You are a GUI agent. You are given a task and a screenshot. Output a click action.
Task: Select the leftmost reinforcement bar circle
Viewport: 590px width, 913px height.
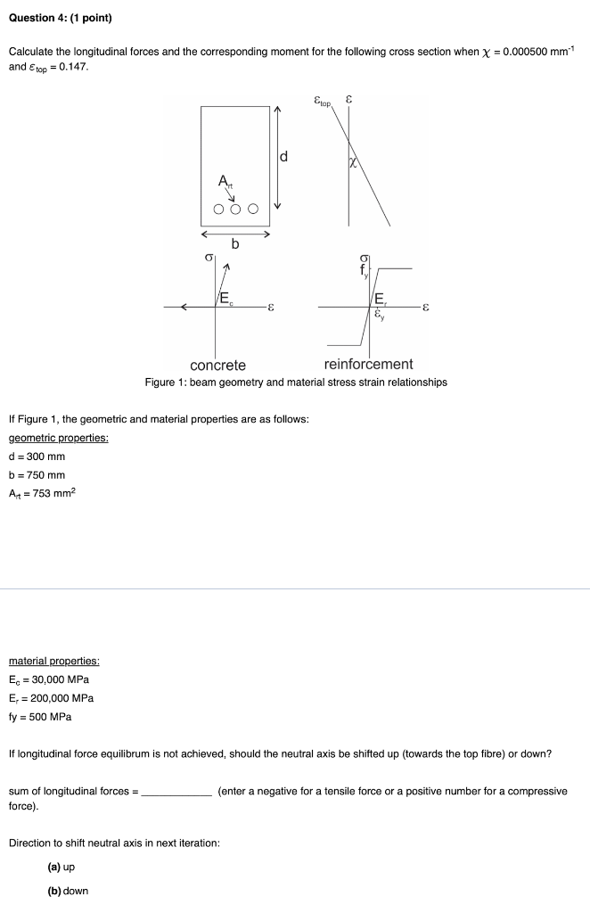tap(219, 210)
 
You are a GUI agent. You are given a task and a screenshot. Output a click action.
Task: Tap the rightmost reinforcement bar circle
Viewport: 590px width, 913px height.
tap(253, 210)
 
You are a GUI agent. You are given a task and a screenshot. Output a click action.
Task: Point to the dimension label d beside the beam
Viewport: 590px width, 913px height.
tap(284, 158)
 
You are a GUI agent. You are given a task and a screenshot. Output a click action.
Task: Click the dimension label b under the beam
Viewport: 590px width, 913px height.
tap(235, 244)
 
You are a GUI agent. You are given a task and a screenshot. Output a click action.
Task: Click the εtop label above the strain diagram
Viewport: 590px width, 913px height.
tap(322, 104)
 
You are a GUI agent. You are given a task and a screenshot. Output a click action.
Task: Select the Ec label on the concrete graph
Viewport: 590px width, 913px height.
tap(227, 298)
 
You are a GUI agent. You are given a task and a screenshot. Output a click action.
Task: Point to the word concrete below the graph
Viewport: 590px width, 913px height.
tap(217, 365)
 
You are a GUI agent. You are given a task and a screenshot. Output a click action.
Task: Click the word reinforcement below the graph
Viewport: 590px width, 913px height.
tap(368, 364)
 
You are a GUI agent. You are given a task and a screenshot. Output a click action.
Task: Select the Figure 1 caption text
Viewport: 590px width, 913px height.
tap(296, 382)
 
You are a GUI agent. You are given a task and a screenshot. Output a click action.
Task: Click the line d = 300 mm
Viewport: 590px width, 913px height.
tap(37, 456)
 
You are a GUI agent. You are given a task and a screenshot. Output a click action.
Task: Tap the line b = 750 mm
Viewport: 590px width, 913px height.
tap(37, 475)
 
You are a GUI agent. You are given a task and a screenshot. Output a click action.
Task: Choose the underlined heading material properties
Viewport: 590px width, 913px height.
tap(53, 661)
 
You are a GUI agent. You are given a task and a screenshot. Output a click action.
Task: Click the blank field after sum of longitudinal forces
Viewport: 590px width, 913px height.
tap(176, 791)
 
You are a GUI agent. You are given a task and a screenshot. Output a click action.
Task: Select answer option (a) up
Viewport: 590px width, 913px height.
tap(62, 867)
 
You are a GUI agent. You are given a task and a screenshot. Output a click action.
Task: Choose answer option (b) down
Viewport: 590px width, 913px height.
tap(68, 891)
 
